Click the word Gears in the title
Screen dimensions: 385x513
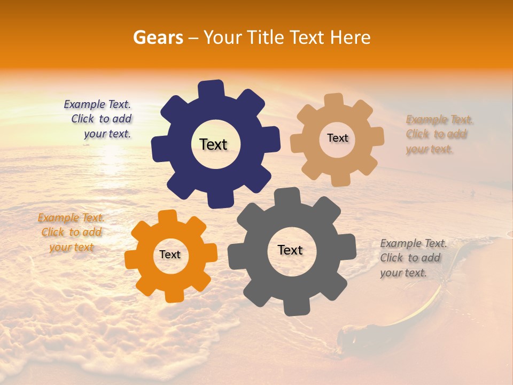(x=158, y=37)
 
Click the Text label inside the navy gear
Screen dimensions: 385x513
(x=213, y=144)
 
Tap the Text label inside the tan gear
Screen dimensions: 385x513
(x=337, y=138)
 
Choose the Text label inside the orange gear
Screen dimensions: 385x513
(x=170, y=255)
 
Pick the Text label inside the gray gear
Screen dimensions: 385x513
(x=290, y=250)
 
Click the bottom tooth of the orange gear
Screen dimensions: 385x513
(x=174, y=295)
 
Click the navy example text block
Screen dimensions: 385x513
(x=99, y=119)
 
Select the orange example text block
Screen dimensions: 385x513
(x=72, y=232)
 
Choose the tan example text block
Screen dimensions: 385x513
(x=438, y=134)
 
